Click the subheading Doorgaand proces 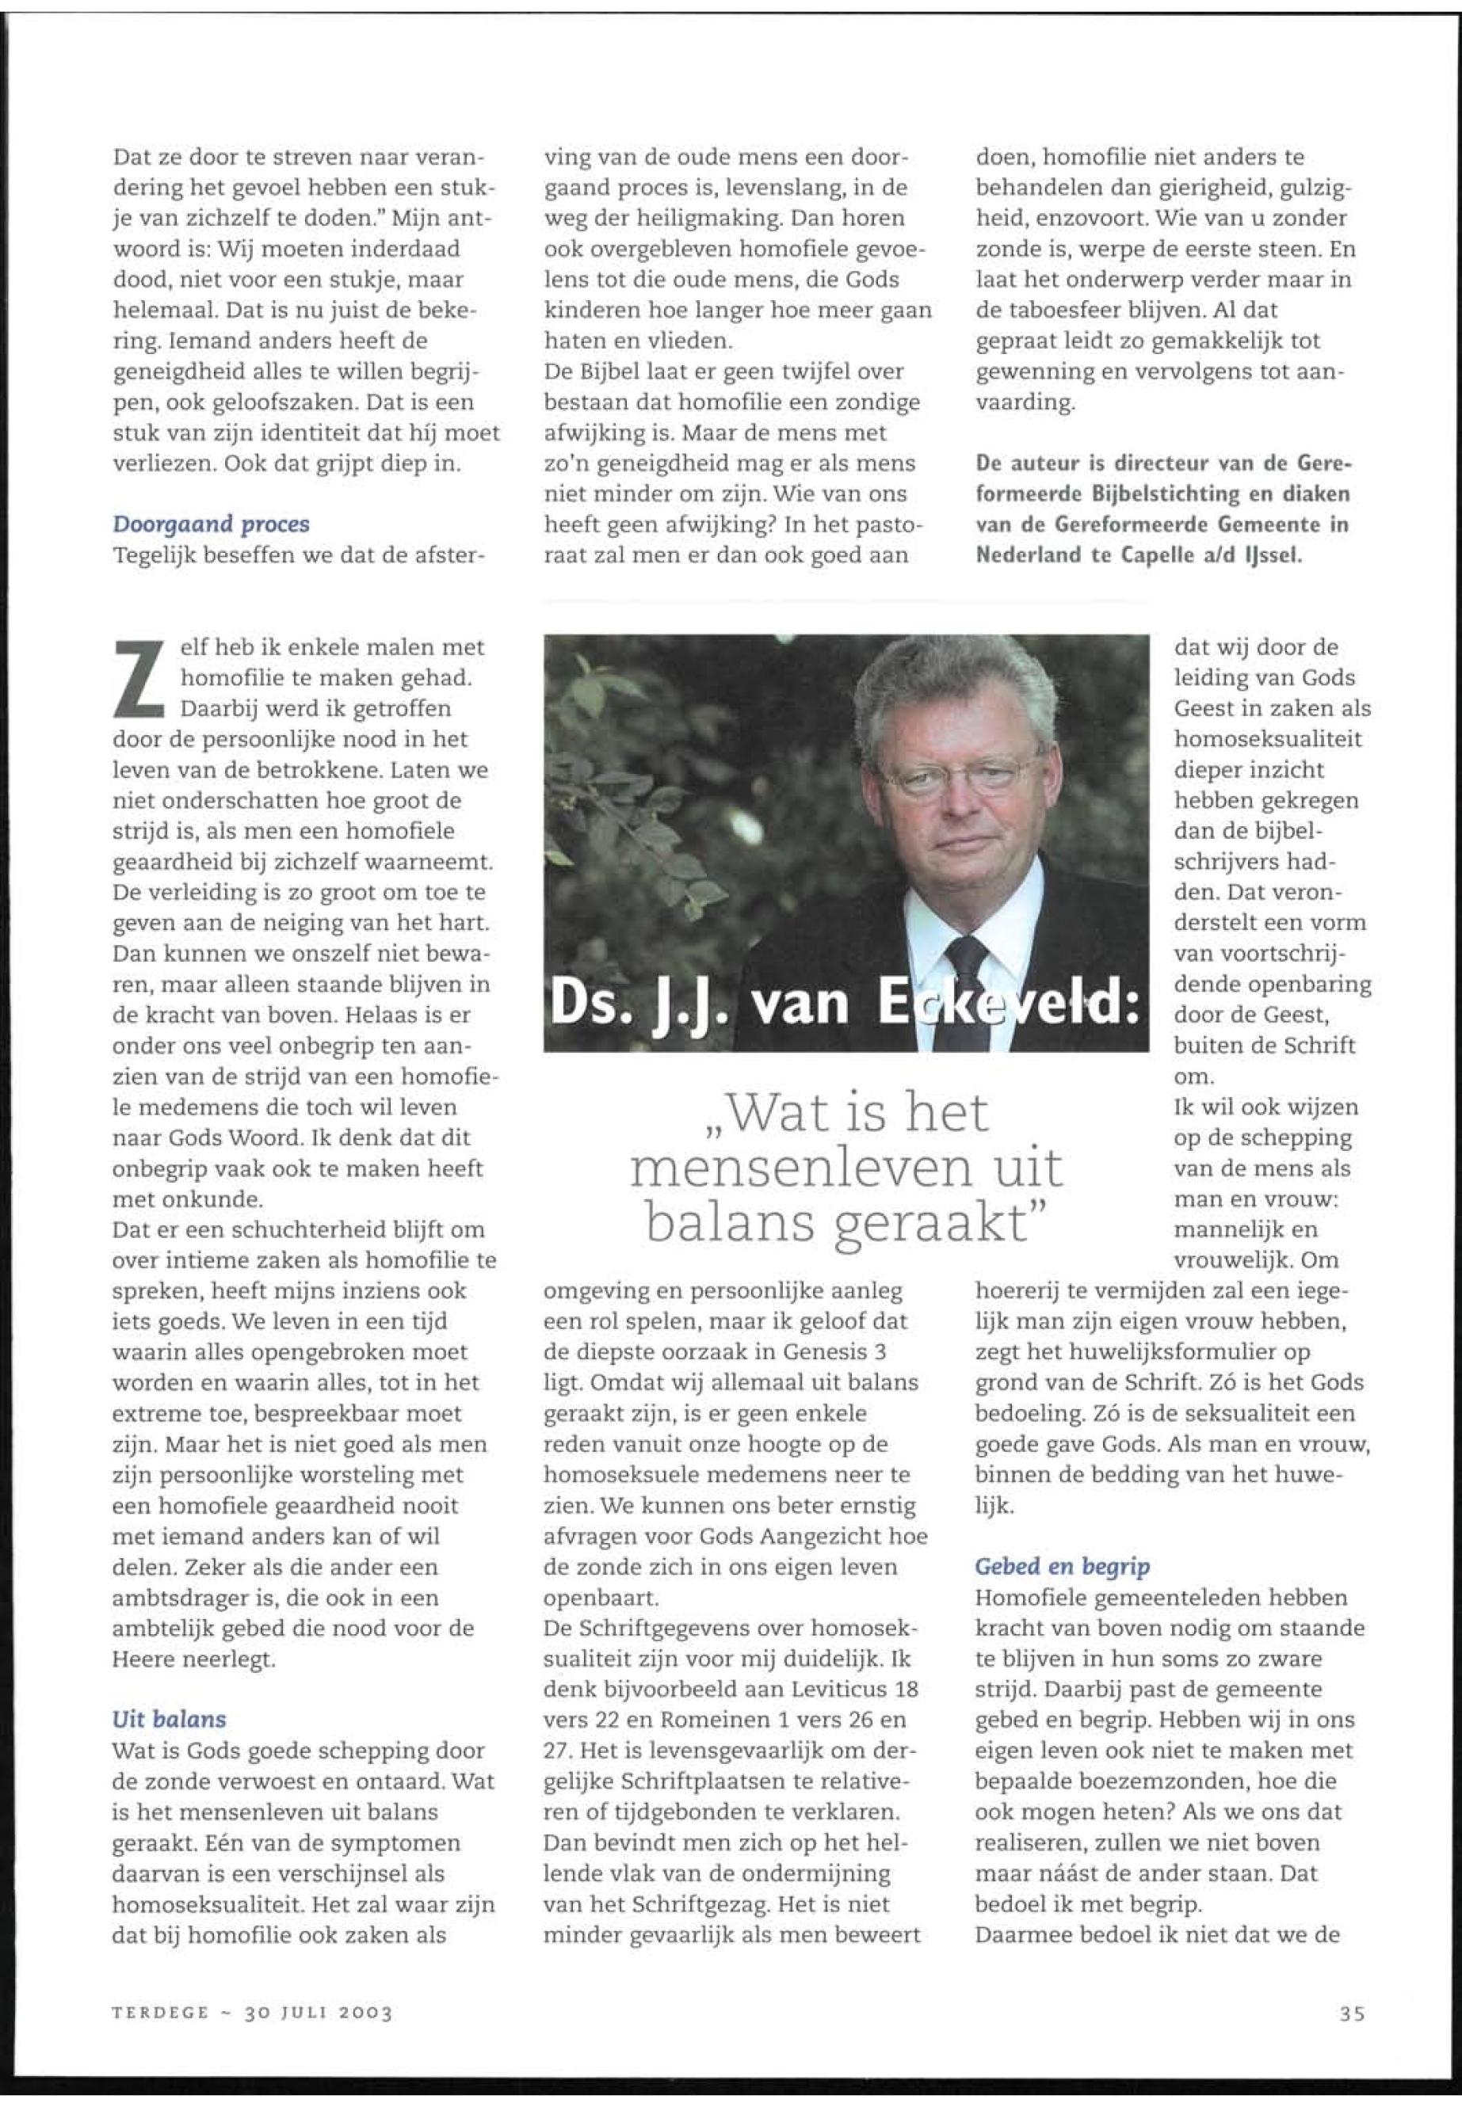(x=211, y=524)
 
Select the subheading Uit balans (x=169, y=1719)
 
